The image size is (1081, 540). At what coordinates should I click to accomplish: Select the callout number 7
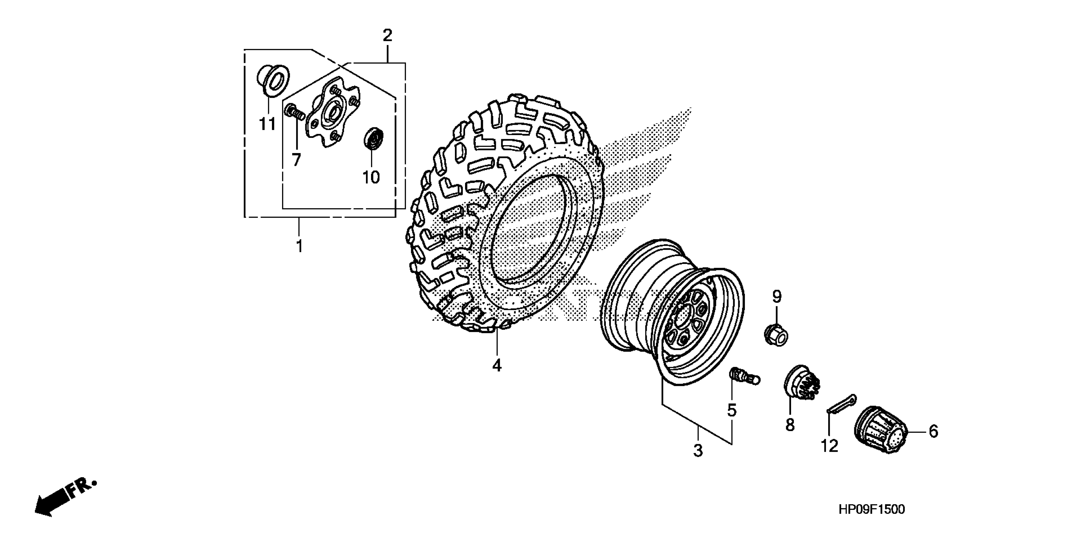296,159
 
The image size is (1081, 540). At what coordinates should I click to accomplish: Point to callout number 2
387,35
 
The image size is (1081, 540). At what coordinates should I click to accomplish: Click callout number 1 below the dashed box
299,246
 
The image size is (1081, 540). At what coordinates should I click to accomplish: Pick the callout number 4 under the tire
497,366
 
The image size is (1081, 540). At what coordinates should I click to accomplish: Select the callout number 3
698,451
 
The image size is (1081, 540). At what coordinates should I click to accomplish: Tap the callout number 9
777,297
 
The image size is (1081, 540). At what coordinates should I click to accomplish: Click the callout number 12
829,446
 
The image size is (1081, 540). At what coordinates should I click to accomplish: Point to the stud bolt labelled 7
294,112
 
